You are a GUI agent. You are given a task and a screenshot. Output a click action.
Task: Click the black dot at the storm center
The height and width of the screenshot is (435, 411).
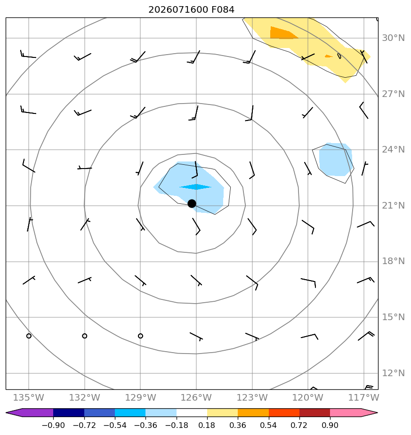[x=192, y=204]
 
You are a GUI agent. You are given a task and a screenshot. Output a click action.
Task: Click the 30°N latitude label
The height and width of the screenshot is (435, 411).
[x=393, y=38]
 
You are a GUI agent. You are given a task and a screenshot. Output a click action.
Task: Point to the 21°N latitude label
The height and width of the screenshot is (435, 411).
[x=393, y=206]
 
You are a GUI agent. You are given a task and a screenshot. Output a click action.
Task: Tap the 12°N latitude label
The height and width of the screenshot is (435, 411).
[x=393, y=373]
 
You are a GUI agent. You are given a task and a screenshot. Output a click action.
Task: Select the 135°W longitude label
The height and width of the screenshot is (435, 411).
[x=29, y=397]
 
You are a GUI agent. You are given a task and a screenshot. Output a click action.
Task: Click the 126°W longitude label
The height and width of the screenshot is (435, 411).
[x=196, y=397]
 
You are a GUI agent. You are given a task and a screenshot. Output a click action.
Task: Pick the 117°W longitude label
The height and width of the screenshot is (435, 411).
[x=363, y=397]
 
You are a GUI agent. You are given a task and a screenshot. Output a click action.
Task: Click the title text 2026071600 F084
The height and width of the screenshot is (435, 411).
[x=192, y=10]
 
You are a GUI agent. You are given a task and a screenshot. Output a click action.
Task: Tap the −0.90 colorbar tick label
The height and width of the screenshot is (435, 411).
[x=53, y=425]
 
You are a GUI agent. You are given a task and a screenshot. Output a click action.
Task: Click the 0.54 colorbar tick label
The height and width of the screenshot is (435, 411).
[x=269, y=425]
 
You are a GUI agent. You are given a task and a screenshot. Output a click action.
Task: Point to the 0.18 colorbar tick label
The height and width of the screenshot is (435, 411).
[x=207, y=425]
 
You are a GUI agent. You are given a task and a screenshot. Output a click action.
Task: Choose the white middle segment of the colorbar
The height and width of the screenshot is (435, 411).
[x=192, y=412]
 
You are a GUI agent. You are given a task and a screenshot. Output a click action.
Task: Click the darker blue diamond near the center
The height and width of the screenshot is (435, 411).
[x=196, y=187]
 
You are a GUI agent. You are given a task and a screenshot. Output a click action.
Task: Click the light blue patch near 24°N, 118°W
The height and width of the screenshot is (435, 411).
[x=336, y=160]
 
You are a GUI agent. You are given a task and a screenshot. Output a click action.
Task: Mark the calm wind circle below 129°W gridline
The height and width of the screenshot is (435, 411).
[x=140, y=336]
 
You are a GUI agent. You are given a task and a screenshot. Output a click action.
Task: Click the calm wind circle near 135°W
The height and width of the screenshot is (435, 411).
[x=29, y=336]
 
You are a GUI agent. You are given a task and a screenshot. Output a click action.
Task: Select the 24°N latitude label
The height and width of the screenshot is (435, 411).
[x=393, y=150]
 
